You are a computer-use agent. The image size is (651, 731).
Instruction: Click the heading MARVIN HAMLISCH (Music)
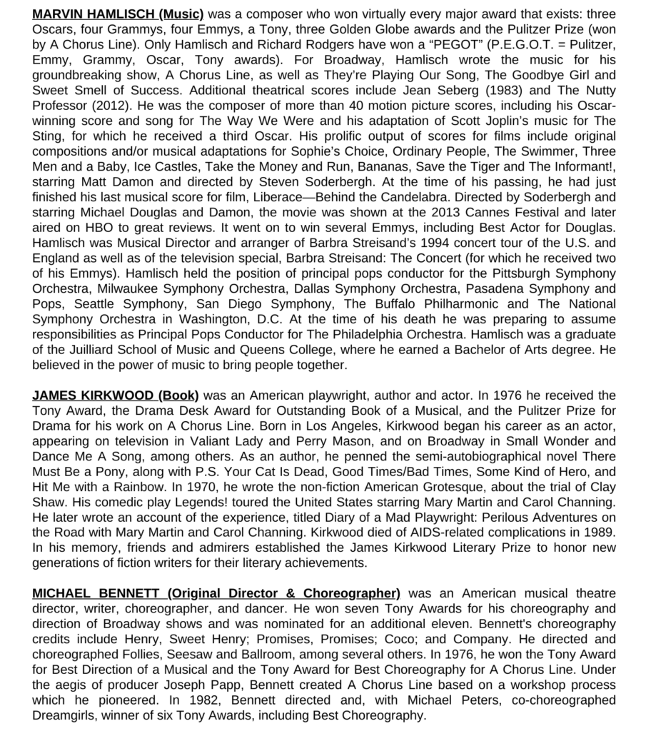[x=118, y=14]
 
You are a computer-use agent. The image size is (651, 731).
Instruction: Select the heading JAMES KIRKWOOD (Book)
[x=116, y=395]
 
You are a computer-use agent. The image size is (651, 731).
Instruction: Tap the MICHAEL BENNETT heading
[x=216, y=593]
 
